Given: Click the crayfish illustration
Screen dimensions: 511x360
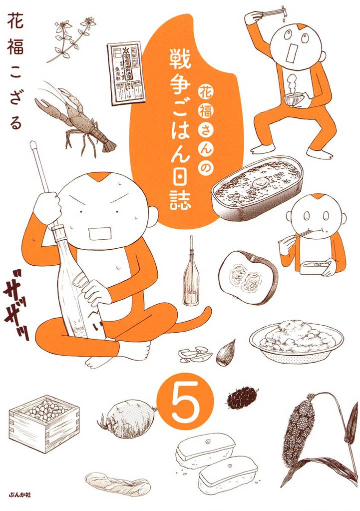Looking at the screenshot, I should [x=75, y=117].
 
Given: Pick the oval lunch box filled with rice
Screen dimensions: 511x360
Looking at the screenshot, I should [x=257, y=187].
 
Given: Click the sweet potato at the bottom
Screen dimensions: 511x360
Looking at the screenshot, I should [x=117, y=483].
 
